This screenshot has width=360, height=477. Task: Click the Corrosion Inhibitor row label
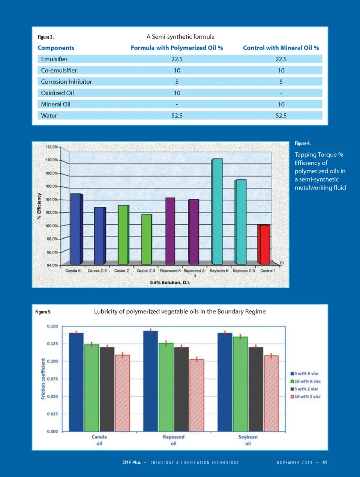66,82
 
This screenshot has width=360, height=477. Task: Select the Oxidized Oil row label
57,93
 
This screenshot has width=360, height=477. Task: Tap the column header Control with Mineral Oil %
281,48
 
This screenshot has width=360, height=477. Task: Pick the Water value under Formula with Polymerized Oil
177,116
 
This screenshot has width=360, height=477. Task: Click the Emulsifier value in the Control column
281,59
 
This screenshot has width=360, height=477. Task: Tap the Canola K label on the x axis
73,271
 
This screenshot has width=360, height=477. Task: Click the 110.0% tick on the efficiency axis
52,160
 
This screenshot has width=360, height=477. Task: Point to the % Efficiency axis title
39,206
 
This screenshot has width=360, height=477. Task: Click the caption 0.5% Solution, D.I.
170,283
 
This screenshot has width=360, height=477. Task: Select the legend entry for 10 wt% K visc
306,381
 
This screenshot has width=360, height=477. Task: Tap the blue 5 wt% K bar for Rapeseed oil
151,381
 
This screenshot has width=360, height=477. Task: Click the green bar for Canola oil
91,388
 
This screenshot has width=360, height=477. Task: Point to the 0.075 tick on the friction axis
52,379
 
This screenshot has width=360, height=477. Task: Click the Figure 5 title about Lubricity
180,311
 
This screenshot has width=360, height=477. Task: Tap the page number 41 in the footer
324,462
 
